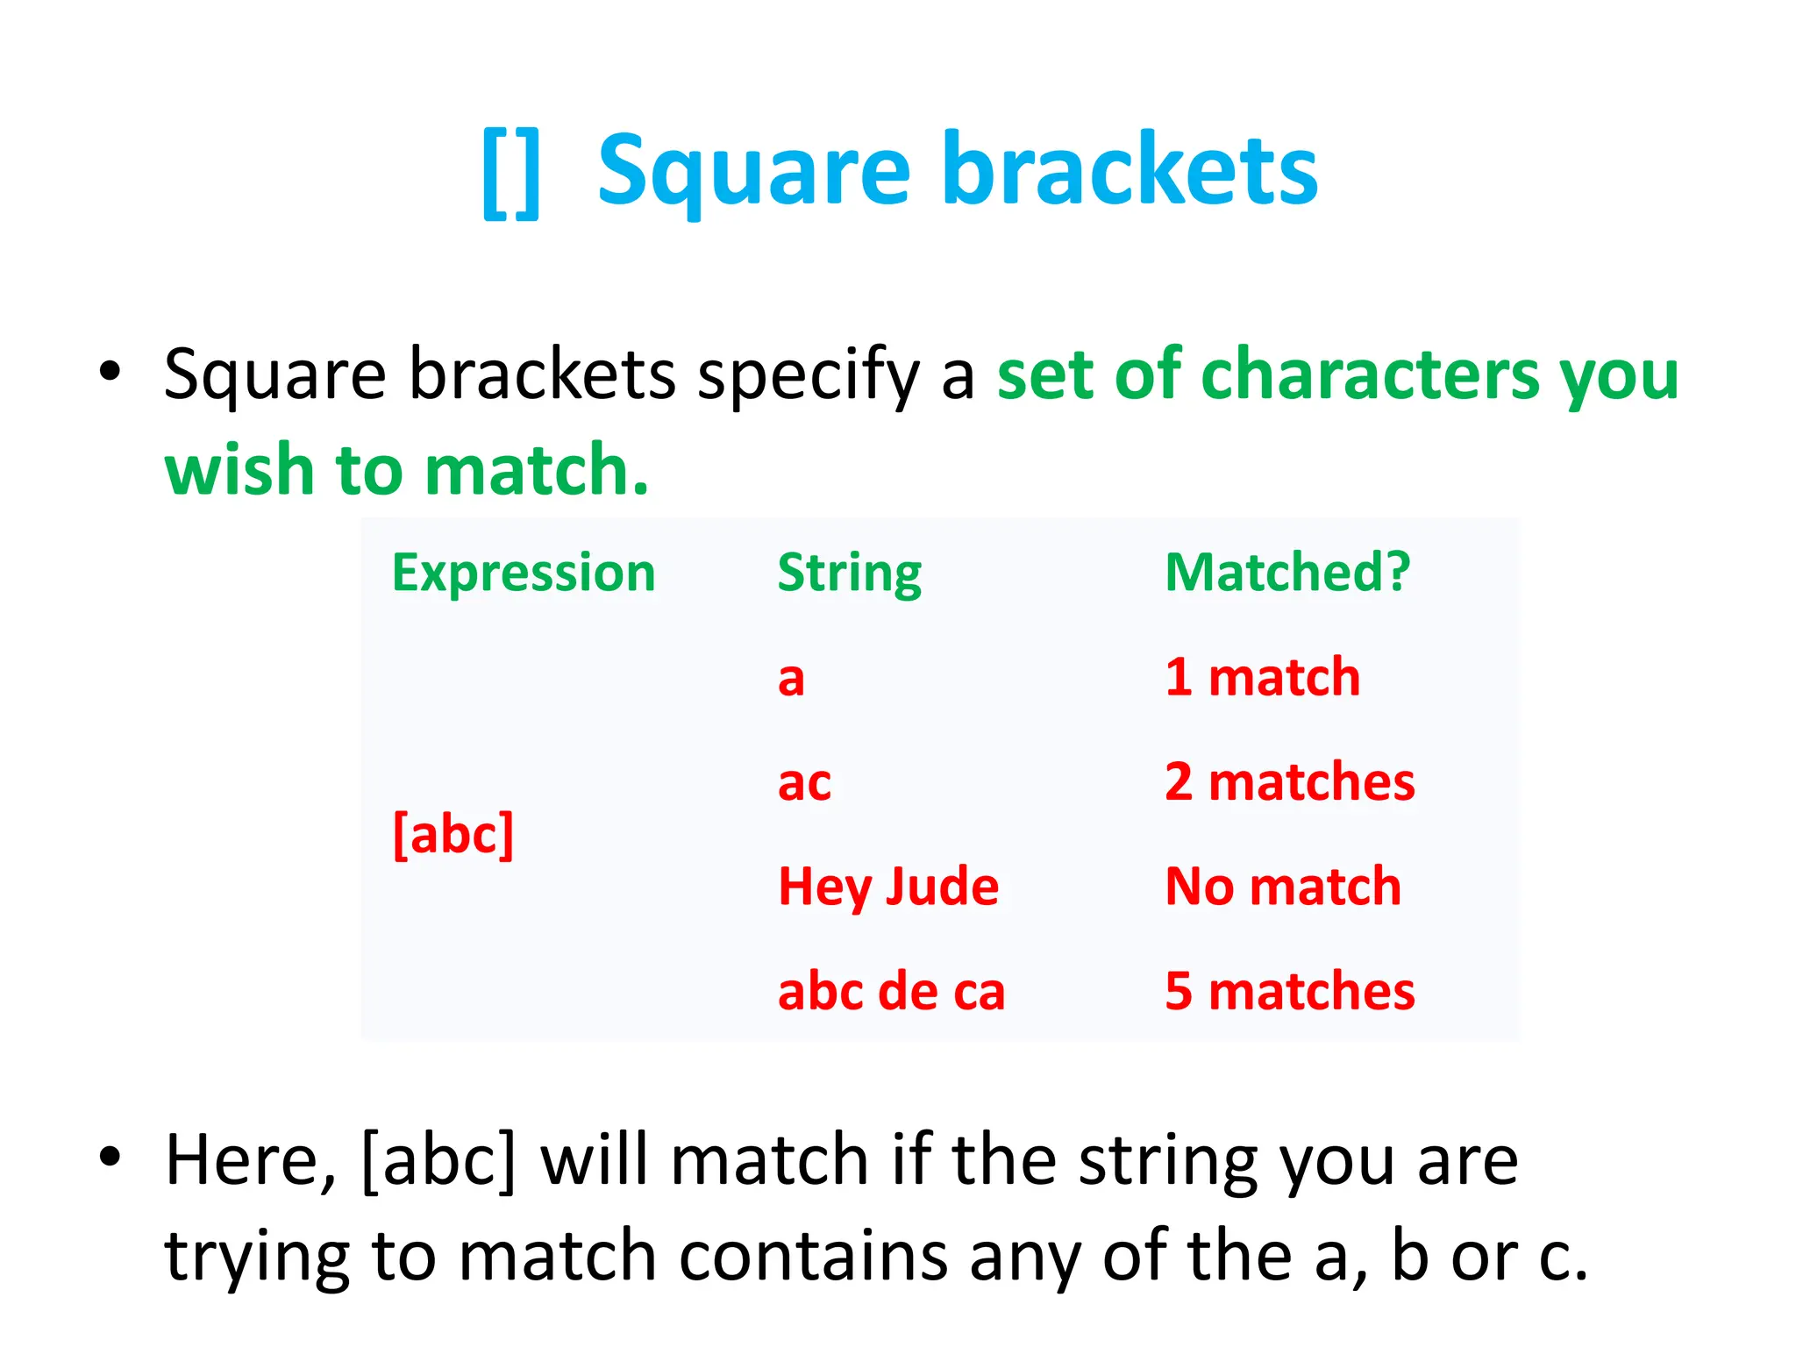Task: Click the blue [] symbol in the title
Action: tap(511, 173)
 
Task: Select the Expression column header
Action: tap(524, 573)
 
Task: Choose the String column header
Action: tap(849, 573)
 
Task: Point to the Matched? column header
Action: tap(1286, 573)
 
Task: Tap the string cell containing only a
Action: tap(791, 678)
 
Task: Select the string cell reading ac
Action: tap(804, 782)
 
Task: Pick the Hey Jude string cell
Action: tap(888, 887)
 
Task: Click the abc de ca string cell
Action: tap(891, 991)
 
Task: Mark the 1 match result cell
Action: tap(1262, 678)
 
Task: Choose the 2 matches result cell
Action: tap(1289, 782)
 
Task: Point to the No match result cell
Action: tap(1282, 887)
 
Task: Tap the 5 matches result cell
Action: tap(1289, 991)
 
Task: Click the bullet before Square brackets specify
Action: tap(110, 371)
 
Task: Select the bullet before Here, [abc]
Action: tap(110, 1157)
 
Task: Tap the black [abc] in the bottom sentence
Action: tap(438, 1160)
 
